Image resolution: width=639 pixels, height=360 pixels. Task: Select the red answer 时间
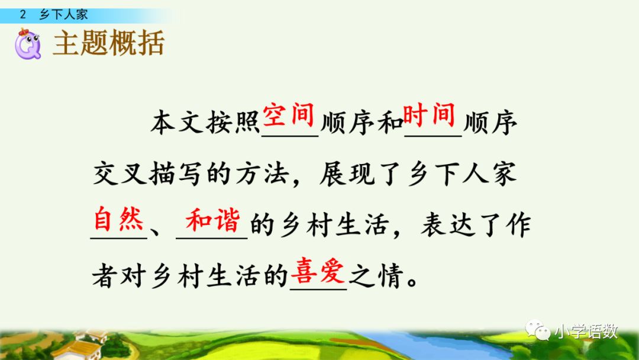pyautogui.click(x=429, y=114)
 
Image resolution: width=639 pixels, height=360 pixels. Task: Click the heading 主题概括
pyautogui.click(x=108, y=44)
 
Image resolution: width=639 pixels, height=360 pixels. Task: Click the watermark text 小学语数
pyautogui.click(x=586, y=332)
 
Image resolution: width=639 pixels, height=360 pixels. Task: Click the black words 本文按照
pyautogui.click(x=205, y=125)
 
